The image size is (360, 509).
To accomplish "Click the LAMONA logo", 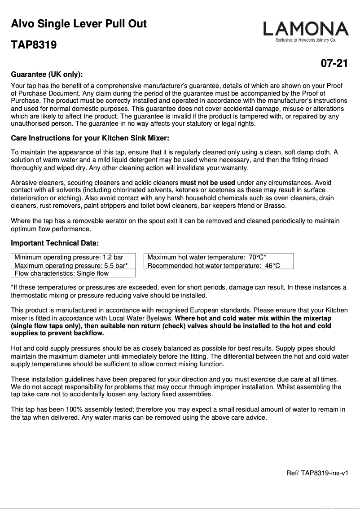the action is [306, 29].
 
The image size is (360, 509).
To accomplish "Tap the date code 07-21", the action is [334, 64].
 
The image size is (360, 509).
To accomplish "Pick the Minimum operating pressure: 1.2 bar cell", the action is [69, 257].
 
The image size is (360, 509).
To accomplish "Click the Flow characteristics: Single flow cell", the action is [61, 273].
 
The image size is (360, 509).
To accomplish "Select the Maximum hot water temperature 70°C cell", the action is [207, 257].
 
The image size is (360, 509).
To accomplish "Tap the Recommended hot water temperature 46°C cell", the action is [214, 266].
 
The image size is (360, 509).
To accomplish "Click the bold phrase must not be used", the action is [207, 183].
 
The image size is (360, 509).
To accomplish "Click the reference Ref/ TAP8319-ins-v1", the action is [317, 473].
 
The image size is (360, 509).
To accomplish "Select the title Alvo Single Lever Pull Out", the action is [79, 24].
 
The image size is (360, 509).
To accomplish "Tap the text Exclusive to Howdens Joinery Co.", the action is [306, 40].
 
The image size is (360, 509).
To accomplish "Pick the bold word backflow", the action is [89, 333].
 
